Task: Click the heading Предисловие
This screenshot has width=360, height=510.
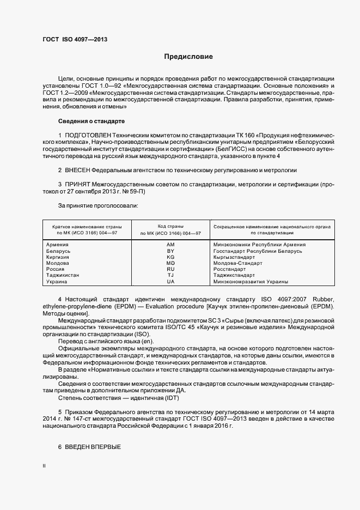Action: click(189, 57)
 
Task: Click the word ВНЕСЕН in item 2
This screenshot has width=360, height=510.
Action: click(82, 170)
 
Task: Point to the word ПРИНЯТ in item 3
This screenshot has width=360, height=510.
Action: click(81, 185)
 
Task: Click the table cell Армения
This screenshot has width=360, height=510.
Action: click(58, 245)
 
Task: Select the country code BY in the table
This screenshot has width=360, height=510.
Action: click(170, 251)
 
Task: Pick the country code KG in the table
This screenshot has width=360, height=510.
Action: click(170, 257)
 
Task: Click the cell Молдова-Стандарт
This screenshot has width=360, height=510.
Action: click(237, 263)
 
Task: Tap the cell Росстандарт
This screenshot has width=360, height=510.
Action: click(230, 269)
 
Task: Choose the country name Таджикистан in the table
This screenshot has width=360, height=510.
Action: click(63, 275)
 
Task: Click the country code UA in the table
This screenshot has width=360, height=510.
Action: click(170, 282)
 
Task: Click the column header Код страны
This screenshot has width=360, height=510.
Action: click(170, 226)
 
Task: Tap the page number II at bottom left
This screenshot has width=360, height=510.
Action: click(44, 466)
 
